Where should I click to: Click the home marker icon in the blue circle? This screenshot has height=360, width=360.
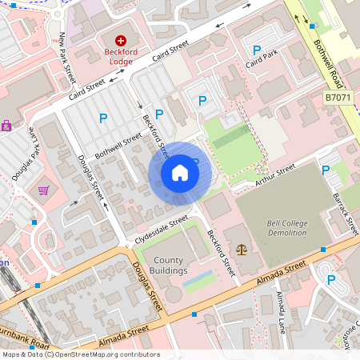180,173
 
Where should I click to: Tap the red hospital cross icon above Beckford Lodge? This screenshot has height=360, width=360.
122,39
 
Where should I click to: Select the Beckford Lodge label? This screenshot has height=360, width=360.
122,54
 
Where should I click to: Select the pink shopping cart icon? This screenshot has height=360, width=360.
43,190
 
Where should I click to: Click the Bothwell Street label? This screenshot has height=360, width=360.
118,145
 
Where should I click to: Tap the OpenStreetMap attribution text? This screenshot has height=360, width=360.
80,354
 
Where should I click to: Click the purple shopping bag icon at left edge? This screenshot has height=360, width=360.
6,126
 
